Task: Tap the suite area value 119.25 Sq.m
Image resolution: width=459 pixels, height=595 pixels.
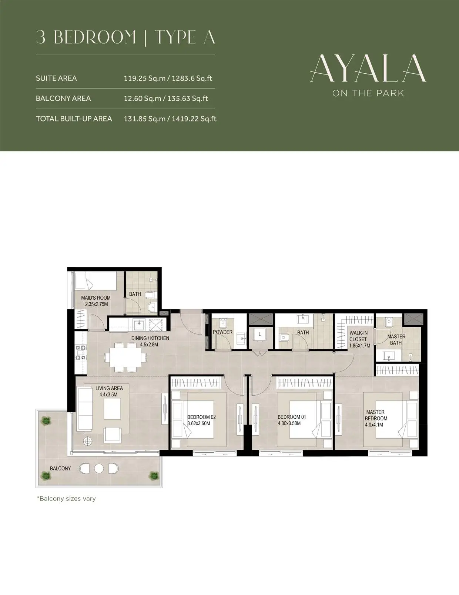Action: pyautogui.click(x=145, y=78)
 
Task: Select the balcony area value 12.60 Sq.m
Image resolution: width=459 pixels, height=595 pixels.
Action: pyautogui.click(x=143, y=98)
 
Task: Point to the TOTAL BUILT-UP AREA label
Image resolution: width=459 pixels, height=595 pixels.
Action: pyautogui.click(x=74, y=119)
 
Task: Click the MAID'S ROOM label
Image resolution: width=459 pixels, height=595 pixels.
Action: pyautogui.click(x=96, y=297)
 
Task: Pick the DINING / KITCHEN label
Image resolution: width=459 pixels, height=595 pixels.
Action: pyautogui.click(x=150, y=338)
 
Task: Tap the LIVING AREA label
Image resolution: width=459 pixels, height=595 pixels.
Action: pyautogui.click(x=109, y=388)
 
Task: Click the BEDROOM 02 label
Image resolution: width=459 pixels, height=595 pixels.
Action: pyautogui.click(x=202, y=417)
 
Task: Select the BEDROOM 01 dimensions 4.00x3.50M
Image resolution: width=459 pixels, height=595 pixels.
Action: pyautogui.click(x=289, y=423)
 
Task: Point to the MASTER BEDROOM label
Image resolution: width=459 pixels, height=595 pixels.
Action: pyautogui.click(x=376, y=415)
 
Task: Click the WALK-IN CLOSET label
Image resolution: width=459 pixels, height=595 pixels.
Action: pyautogui.click(x=358, y=336)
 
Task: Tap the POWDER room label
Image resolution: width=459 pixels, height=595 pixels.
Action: pyautogui.click(x=223, y=332)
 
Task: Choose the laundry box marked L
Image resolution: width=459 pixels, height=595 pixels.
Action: pyautogui.click(x=259, y=335)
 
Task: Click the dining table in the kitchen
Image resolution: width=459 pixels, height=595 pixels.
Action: pyautogui.click(x=125, y=357)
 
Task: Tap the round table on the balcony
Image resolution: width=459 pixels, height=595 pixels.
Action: pyautogui.click(x=99, y=468)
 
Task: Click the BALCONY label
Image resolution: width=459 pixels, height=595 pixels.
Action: pyautogui.click(x=60, y=469)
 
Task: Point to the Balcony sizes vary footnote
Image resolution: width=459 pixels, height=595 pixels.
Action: pyautogui.click(x=67, y=499)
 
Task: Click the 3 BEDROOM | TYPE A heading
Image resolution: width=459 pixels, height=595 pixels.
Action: pyautogui.click(x=125, y=37)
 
